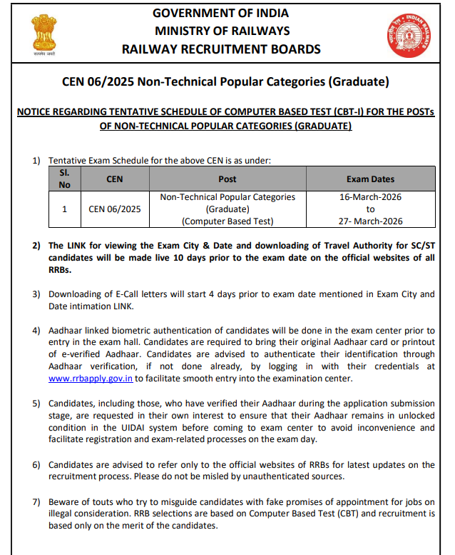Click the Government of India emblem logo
pyautogui.click(x=43, y=34)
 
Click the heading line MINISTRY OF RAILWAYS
pyautogui.click(x=222, y=31)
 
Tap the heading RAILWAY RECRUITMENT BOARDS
pyautogui.click(x=222, y=49)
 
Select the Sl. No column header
pyautogui.click(x=64, y=179)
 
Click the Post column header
pyautogui.click(x=227, y=179)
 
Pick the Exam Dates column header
pyautogui.click(x=370, y=179)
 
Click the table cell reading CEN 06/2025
pyautogui.click(x=114, y=209)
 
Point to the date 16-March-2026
pyautogui.click(x=370, y=197)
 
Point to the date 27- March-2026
pyautogui.click(x=370, y=221)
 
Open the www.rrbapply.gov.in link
pyautogui.click(x=91, y=379)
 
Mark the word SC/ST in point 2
pyautogui.click(x=421, y=246)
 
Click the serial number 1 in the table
pyautogui.click(x=64, y=209)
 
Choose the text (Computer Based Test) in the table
pyautogui.click(x=227, y=221)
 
